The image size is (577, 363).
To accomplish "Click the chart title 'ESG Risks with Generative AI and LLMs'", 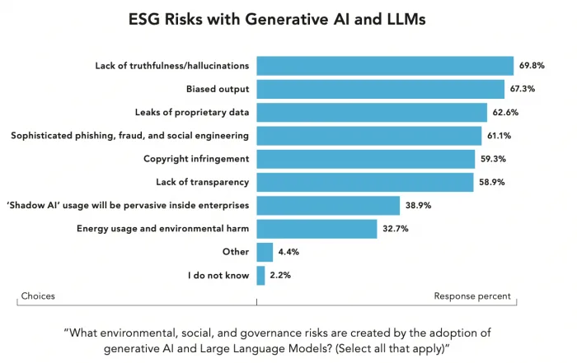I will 288,21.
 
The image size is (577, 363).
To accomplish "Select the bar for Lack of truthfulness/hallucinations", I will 385,66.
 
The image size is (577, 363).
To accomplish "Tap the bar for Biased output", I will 380,89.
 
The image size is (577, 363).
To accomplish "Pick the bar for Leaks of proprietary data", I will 372,112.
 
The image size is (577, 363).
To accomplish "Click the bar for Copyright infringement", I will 365,159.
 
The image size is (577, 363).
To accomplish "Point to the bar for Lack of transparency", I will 364,182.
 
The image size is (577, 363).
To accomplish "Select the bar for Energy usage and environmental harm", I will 317,228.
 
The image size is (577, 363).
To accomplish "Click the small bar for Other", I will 265,252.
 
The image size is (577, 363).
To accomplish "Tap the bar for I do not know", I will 260,275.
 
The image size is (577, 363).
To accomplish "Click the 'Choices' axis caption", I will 38,296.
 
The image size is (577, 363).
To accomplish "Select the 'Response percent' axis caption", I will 472,296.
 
